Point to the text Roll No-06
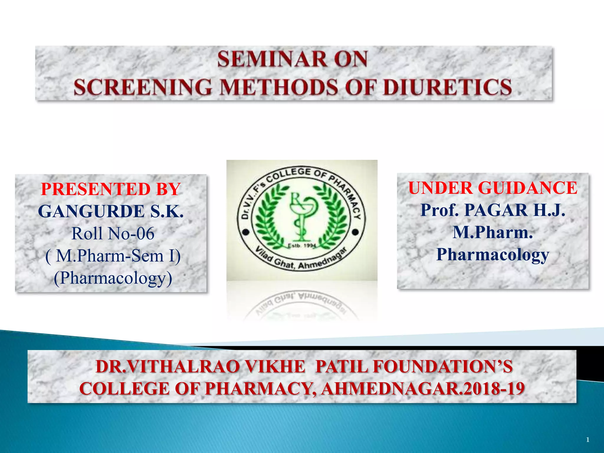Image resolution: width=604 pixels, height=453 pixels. click(113, 234)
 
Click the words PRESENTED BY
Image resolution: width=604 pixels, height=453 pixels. click(111, 189)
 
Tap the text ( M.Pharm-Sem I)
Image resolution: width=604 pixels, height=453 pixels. click(113, 256)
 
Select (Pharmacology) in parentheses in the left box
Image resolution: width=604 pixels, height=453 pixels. click(113, 278)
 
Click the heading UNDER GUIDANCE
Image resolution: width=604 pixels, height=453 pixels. click(493, 188)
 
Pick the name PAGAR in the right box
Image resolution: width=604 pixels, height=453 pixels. click(496, 210)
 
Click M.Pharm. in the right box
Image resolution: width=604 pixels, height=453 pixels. click(493, 232)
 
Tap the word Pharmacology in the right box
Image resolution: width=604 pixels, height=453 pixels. click(493, 255)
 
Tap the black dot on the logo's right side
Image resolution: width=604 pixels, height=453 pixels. click(356, 232)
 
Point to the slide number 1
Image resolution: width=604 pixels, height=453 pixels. click(587, 440)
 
